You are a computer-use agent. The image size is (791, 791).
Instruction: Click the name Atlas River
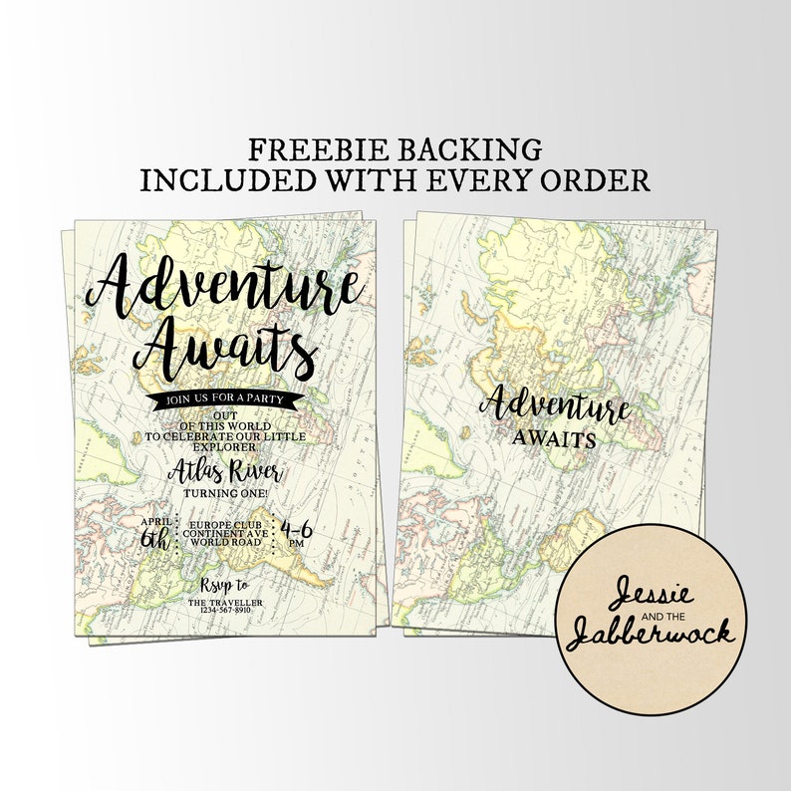point(226,472)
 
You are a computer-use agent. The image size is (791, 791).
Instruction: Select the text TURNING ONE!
point(226,493)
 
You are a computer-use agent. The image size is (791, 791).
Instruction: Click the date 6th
point(155,539)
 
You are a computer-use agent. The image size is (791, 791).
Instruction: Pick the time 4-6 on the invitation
point(297,528)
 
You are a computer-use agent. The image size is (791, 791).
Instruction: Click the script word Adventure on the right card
point(554,406)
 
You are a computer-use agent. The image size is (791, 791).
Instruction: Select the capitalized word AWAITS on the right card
point(555,438)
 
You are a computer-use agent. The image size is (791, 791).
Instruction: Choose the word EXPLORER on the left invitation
point(226,446)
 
